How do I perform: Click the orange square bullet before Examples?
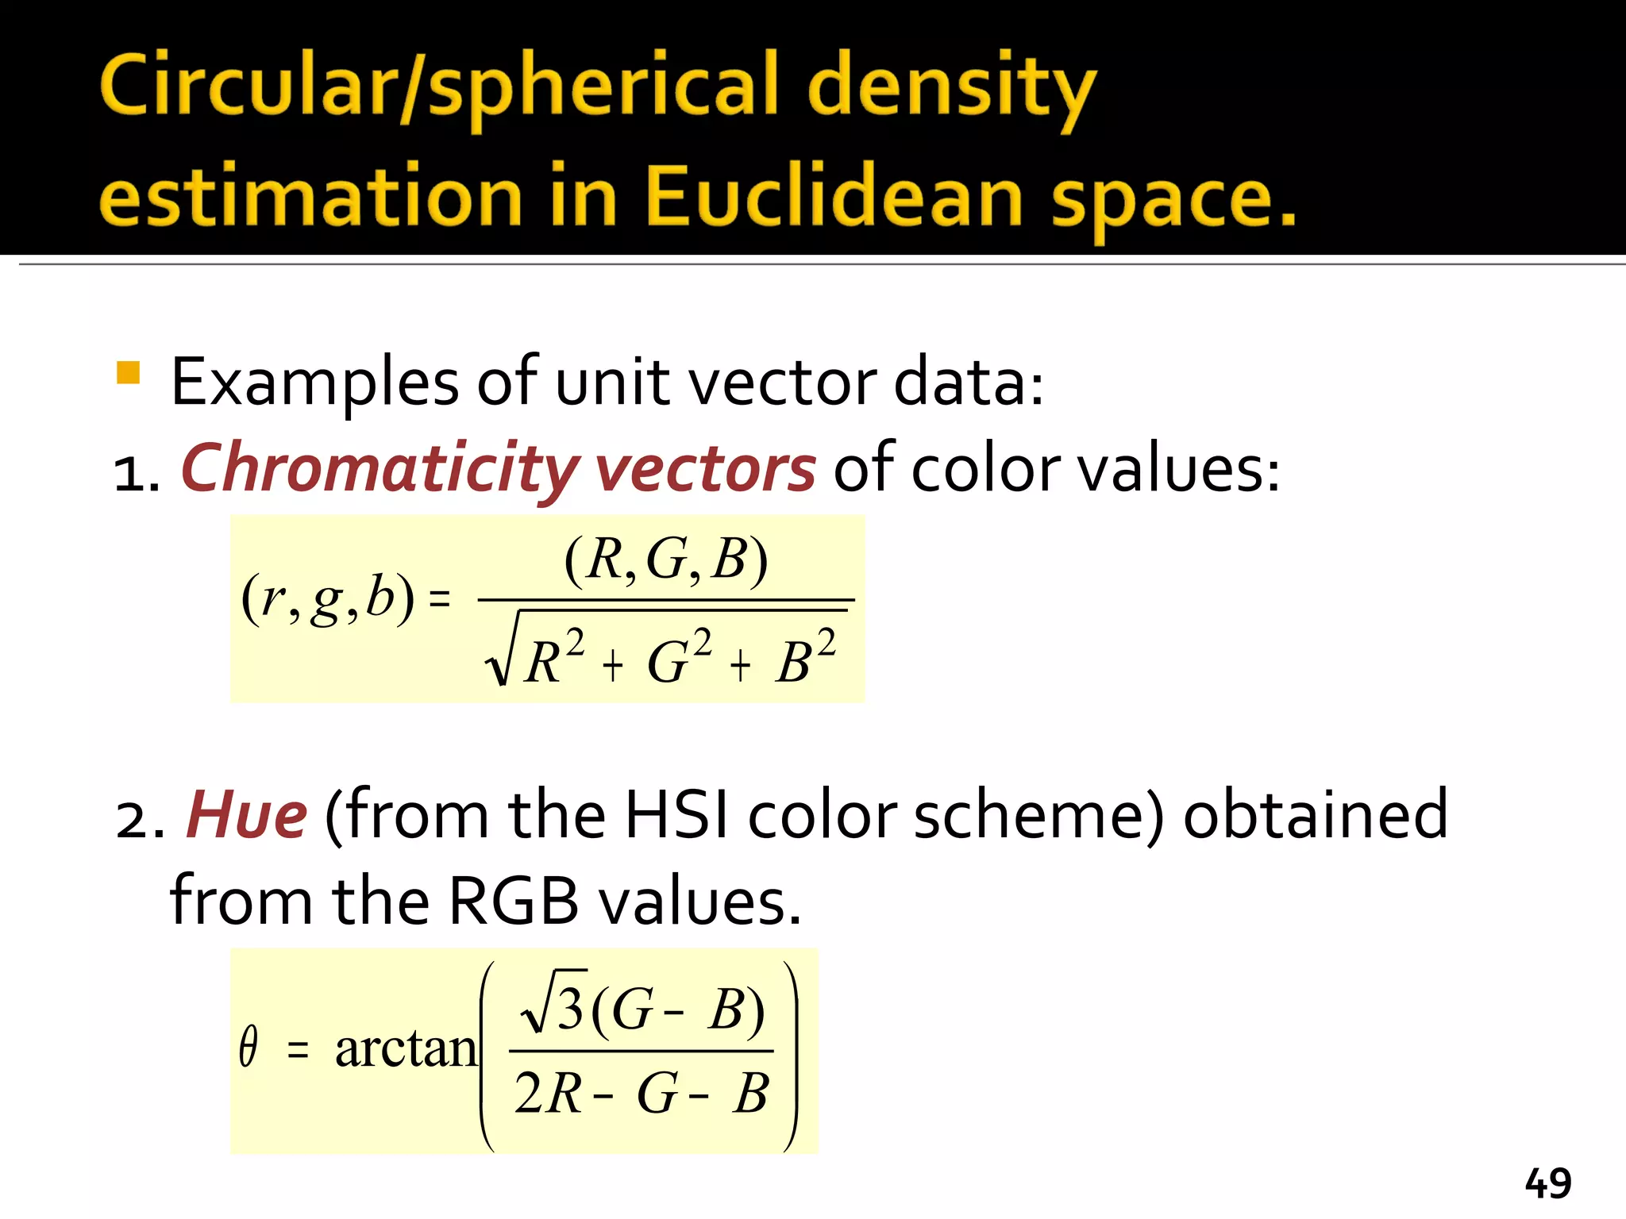(128, 372)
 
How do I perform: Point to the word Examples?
(314, 383)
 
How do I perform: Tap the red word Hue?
(246, 816)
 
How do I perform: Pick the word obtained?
(1316, 816)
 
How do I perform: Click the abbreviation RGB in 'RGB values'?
(513, 902)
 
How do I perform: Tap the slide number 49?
(1547, 1184)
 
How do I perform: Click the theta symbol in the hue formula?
(249, 1048)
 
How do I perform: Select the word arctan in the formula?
(406, 1049)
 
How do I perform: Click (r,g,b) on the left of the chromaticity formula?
(327, 598)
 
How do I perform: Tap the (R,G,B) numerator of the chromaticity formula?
(666, 560)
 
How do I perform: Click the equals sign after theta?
(298, 1051)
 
